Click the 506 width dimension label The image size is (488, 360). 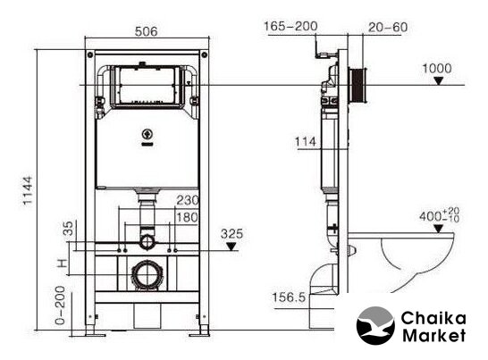(147, 31)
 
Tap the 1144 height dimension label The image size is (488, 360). (28, 190)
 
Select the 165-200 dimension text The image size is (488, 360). (290, 26)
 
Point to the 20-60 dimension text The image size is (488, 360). (388, 28)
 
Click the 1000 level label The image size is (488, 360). (437, 69)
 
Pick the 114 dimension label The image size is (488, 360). (306, 142)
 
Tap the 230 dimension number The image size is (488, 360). (188, 200)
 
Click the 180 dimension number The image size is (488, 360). (188, 217)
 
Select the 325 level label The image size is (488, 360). (231, 234)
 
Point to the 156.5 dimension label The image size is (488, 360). (289, 297)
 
